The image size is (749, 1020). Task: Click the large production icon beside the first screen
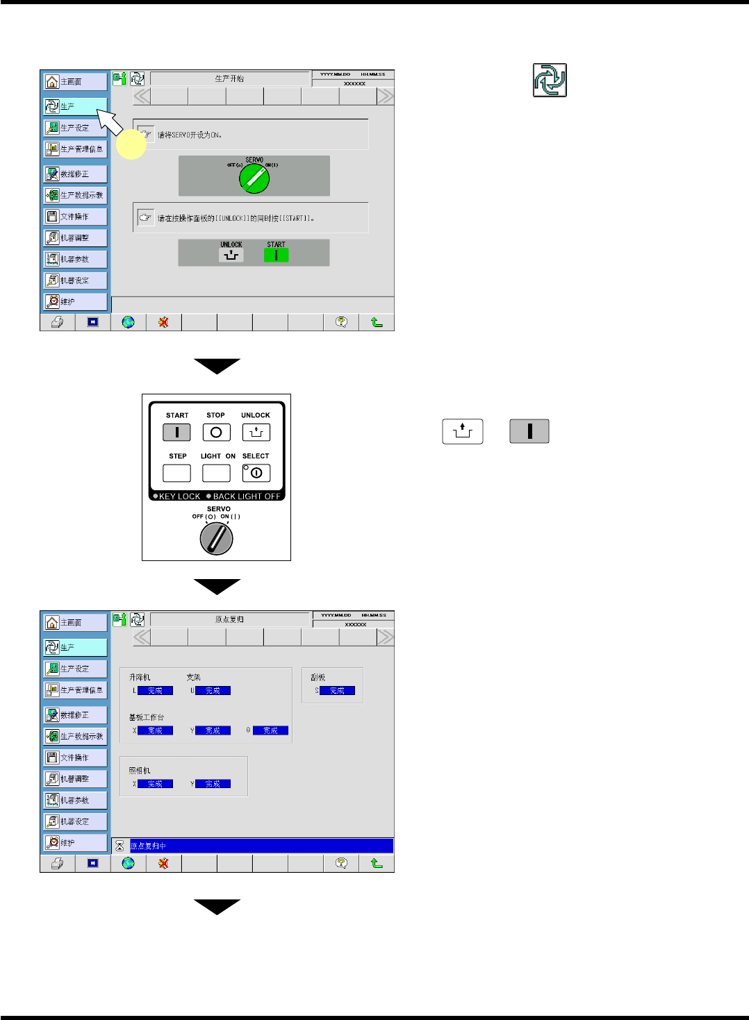point(550,80)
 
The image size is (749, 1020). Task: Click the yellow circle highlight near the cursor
point(131,144)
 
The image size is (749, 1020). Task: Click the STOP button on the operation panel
point(216,433)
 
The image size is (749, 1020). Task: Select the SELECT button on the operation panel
point(256,473)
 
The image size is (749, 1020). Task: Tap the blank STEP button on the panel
point(176,473)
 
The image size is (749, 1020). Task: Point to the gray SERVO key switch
point(216,538)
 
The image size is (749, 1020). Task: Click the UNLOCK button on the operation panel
point(256,433)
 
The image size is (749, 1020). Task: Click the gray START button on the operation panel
point(176,433)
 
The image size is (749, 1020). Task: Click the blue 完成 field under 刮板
point(337,691)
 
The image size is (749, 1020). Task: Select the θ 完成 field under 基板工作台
point(270,730)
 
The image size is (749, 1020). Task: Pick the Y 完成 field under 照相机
point(213,784)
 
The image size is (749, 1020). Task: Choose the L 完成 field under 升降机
point(155,691)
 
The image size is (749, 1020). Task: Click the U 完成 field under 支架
point(213,691)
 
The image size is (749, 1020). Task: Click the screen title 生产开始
point(229,78)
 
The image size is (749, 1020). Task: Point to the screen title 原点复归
point(229,619)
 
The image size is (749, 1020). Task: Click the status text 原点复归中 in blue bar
point(148,846)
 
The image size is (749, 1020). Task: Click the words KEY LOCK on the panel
point(179,496)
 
